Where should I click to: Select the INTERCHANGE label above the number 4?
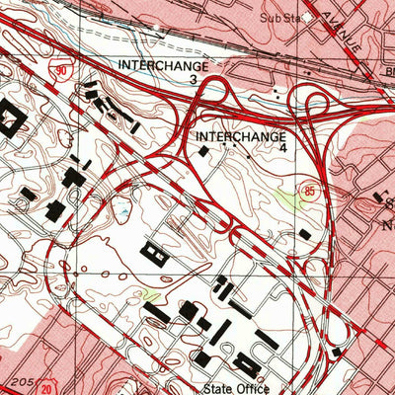[242, 134]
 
